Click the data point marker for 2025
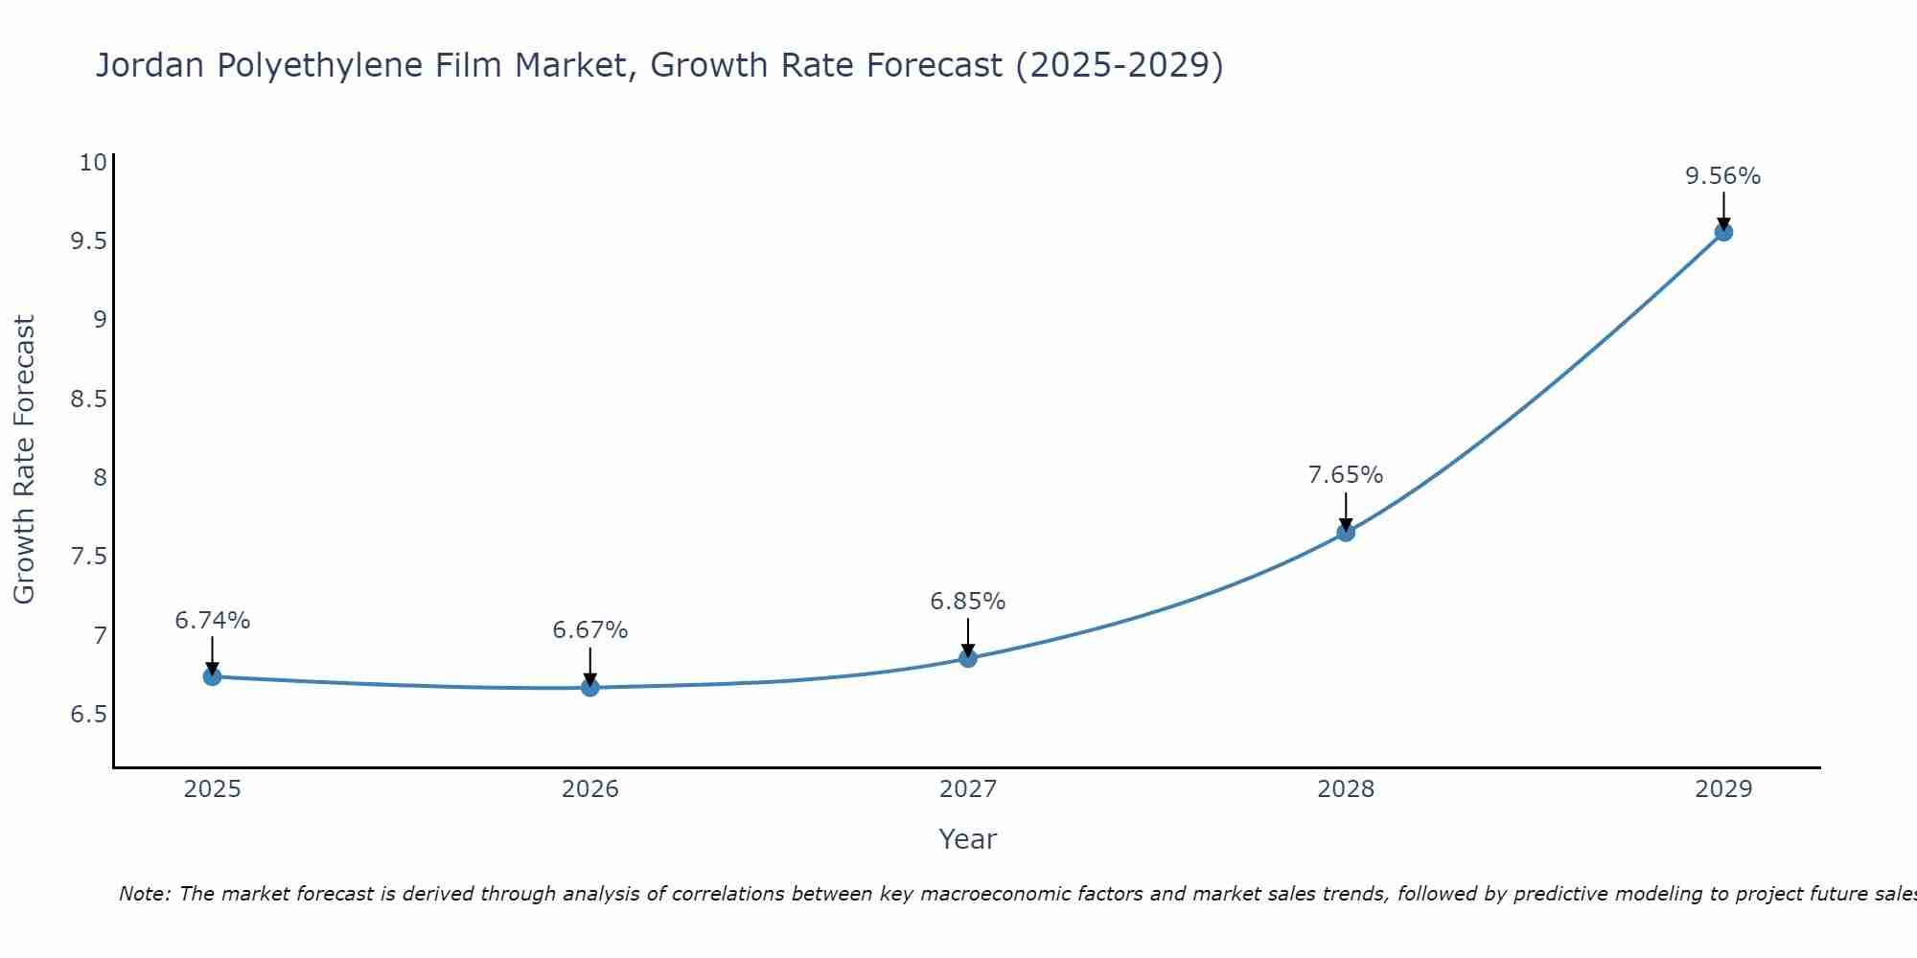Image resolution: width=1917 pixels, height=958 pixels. coord(212,676)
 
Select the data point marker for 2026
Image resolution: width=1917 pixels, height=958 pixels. coord(589,687)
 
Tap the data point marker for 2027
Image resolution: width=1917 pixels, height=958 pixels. coord(967,658)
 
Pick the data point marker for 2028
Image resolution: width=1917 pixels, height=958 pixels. coord(1345,533)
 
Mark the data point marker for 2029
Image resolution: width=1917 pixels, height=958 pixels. coord(1722,232)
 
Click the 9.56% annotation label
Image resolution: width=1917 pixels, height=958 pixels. coord(1722,176)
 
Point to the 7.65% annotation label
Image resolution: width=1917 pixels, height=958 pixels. coord(1345,475)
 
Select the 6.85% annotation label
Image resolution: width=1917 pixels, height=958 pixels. coord(967,602)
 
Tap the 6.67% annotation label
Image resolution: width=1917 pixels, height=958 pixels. coord(589,630)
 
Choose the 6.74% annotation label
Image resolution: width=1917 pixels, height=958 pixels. coord(212,621)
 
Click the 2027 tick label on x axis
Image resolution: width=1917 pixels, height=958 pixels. coord(967,789)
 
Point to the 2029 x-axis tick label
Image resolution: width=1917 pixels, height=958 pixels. coord(1722,789)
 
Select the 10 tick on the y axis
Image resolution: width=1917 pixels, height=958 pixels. coord(92,162)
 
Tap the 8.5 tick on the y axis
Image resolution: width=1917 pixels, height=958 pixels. coord(88,399)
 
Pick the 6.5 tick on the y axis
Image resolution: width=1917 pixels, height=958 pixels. coord(88,715)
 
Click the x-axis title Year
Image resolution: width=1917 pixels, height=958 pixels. coord(967,839)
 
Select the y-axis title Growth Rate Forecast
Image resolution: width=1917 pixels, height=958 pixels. coord(24,460)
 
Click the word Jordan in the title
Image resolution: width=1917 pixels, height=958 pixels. coord(150,65)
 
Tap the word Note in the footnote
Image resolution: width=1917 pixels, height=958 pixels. coord(144,894)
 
